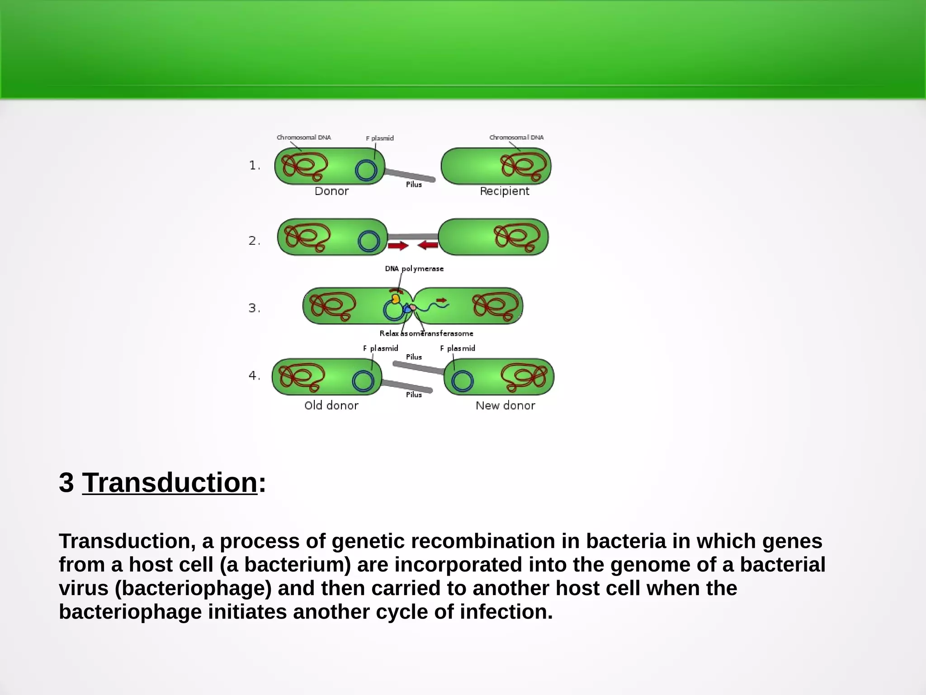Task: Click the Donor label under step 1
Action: point(331,191)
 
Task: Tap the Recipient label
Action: point(504,191)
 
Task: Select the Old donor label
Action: point(331,405)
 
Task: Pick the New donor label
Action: point(505,405)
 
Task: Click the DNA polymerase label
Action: point(414,269)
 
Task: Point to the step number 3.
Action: point(253,308)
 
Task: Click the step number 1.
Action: point(254,166)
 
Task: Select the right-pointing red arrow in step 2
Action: point(398,246)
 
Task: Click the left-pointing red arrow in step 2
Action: point(428,245)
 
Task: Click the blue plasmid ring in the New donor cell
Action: point(462,381)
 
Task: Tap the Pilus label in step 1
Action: point(414,185)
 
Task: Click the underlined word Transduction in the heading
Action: point(170,483)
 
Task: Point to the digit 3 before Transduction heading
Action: point(66,483)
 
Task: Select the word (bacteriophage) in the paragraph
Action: point(193,588)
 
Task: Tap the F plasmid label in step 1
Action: point(380,138)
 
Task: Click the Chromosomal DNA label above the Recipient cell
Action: point(516,137)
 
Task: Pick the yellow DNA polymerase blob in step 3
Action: point(396,299)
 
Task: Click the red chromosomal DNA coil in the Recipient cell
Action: point(524,166)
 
